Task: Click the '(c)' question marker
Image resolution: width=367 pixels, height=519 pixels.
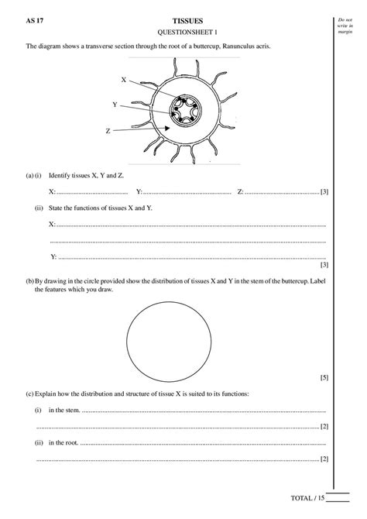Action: [x=29, y=394]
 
